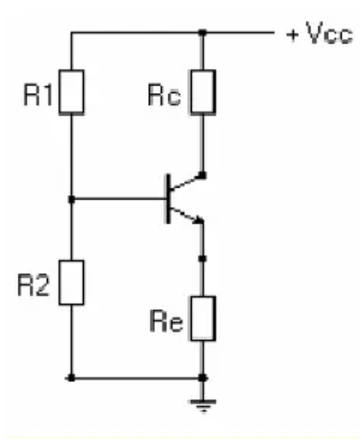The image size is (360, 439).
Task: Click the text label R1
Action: point(38,96)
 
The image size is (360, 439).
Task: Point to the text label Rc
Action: point(164,96)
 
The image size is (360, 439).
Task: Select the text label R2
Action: point(33,286)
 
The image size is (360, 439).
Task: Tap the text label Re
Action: point(167,321)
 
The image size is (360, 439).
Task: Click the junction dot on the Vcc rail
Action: point(203,33)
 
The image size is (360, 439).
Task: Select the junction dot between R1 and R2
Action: point(72,199)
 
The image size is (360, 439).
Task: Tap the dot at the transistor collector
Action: point(203,175)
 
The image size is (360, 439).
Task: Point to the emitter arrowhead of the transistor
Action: point(199,220)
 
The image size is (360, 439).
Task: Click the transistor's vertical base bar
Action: point(167,199)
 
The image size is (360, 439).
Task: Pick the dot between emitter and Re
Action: point(203,258)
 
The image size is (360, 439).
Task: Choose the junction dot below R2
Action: point(72,378)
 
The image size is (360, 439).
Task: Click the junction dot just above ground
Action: point(203,378)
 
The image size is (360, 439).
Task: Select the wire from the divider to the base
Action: point(119,199)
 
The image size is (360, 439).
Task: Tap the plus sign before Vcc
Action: point(292,35)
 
